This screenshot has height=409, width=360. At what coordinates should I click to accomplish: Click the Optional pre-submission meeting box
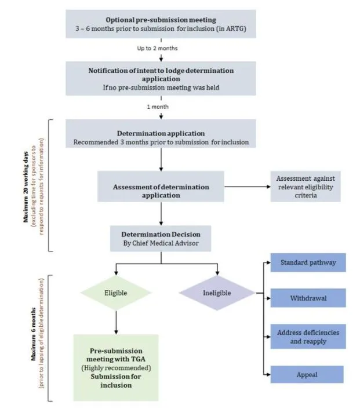(161, 25)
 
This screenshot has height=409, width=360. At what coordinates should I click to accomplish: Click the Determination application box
(161, 137)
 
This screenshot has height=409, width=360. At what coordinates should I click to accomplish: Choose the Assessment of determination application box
(160, 191)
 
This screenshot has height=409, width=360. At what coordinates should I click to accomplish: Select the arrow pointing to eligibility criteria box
(246, 187)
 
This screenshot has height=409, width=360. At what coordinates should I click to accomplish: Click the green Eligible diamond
(118, 293)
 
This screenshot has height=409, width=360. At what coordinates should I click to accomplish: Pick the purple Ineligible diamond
(217, 293)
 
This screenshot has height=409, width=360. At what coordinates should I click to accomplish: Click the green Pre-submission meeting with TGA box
(116, 368)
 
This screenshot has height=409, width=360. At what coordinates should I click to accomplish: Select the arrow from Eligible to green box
(117, 322)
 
